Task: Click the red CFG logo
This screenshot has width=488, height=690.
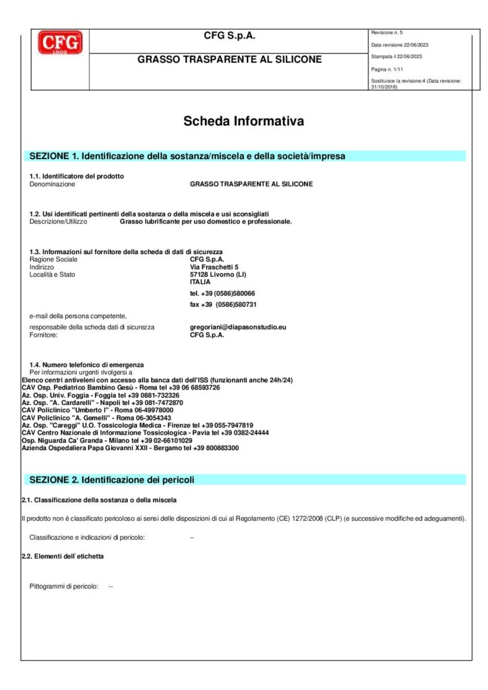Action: pyautogui.click(x=60, y=43)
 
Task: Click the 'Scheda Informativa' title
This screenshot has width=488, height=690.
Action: pyautogui.click(x=243, y=121)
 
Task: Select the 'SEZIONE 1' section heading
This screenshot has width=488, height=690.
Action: pyautogui.click(x=187, y=156)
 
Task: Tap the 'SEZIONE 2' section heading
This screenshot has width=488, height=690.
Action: pyautogui.click(x=112, y=480)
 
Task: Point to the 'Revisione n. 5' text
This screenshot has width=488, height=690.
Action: pyautogui.click(x=386, y=33)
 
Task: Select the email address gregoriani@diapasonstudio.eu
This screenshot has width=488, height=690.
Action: pyautogui.click(x=238, y=327)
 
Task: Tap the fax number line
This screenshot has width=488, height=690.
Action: pyautogui.click(x=223, y=305)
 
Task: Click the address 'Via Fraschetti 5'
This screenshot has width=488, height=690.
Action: pyautogui.click(x=214, y=268)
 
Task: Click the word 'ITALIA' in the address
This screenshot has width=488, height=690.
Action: pyautogui.click(x=200, y=282)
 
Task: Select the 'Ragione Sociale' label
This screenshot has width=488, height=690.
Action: pyautogui.click(x=54, y=259)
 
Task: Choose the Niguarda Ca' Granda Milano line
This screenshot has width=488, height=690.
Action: pyautogui.click(x=106, y=440)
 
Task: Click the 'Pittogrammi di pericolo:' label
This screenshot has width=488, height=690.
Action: pyautogui.click(x=64, y=586)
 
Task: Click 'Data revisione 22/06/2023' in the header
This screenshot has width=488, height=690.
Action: pyautogui.click(x=400, y=45)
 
